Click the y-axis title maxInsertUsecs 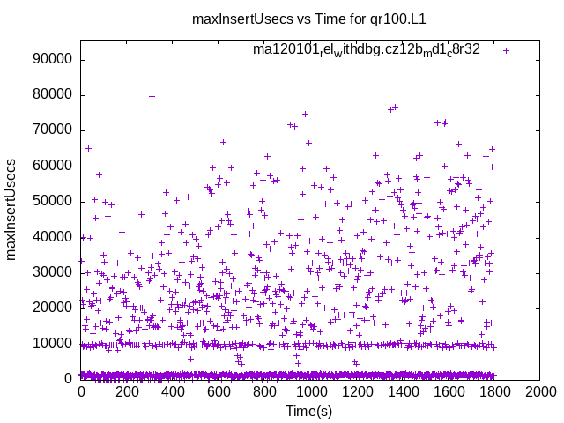click(11, 209)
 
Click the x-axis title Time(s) click(308, 411)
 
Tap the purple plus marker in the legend click(506, 50)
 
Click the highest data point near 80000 click(152, 96)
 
